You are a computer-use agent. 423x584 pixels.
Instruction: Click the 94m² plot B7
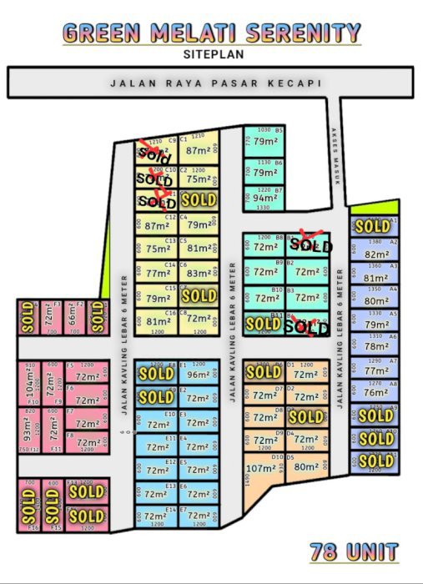265,199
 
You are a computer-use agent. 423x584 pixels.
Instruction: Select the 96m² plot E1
198,375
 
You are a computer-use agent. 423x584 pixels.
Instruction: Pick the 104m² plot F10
32,385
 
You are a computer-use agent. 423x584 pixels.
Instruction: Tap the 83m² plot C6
199,273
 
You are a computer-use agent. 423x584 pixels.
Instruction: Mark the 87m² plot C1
199,151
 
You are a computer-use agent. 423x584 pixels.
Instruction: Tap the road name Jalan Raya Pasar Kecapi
215,83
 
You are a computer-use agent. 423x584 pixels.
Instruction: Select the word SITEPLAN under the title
212,54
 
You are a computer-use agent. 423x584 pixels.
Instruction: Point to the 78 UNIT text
354,551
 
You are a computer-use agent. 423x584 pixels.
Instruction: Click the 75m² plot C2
199,179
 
